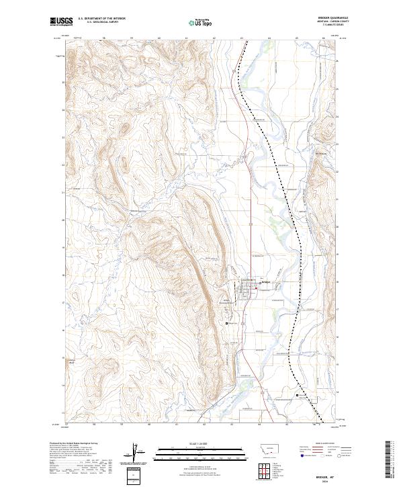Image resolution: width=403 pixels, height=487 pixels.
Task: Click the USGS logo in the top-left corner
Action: pos(62,22)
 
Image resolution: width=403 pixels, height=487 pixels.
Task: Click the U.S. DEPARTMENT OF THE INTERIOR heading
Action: pos(101,18)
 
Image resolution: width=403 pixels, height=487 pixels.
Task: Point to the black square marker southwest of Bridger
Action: pos(226,324)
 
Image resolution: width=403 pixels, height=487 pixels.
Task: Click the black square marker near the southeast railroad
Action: pos(298,396)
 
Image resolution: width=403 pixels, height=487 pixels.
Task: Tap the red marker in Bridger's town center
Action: pos(255,282)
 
